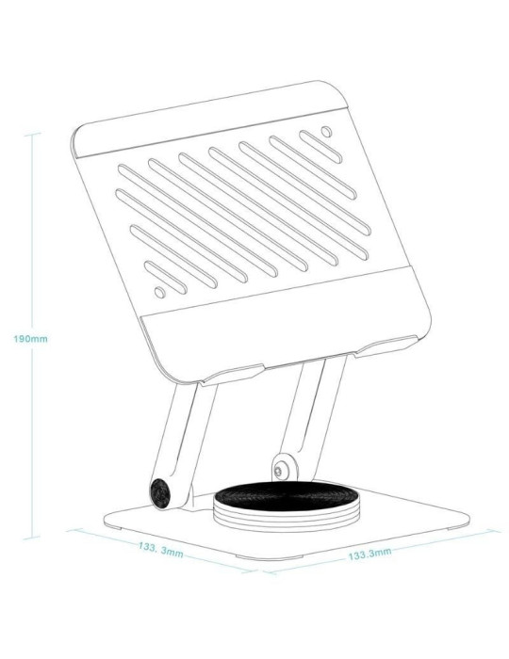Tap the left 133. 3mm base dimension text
tap(160, 548)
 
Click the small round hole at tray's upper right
tap(327, 131)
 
